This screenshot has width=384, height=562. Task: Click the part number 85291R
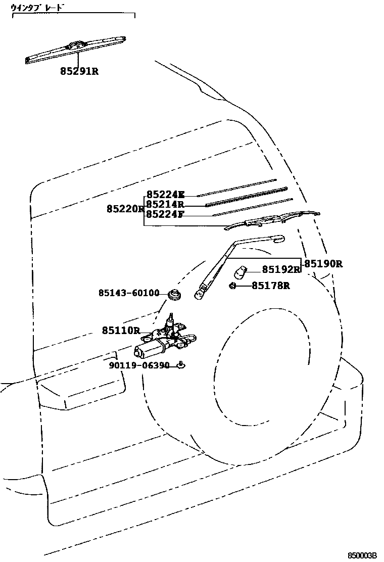click(79, 72)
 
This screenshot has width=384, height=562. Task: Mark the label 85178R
click(270, 286)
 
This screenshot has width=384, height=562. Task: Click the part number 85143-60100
click(128, 293)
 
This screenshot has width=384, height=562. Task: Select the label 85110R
click(121, 331)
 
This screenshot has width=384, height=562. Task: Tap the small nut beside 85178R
click(232, 286)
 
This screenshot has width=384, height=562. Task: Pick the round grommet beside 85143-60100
click(176, 294)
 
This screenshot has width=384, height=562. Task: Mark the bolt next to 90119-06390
click(180, 365)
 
